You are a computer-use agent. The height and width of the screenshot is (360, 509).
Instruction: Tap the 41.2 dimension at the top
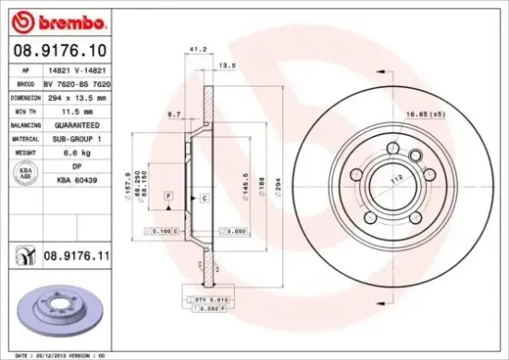click(195, 48)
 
